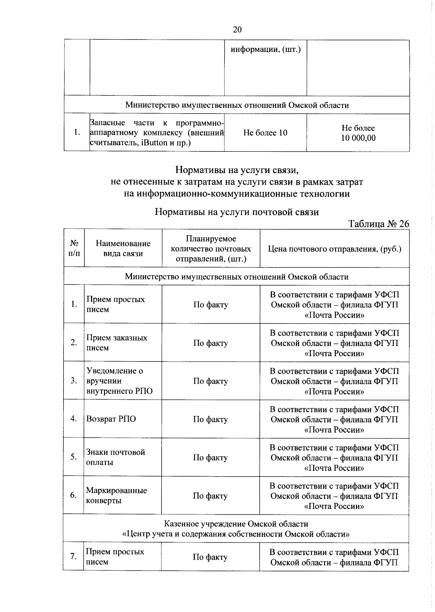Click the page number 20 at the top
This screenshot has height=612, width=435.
(x=237, y=30)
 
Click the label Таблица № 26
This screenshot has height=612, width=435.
(x=378, y=224)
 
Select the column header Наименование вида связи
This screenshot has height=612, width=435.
(x=123, y=249)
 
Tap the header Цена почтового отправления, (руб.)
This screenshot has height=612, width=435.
(x=334, y=249)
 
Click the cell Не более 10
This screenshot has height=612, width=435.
(x=265, y=133)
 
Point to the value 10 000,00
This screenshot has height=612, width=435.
(x=358, y=138)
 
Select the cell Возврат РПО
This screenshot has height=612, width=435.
(x=111, y=419)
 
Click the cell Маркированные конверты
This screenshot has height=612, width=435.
(x=116, y=495)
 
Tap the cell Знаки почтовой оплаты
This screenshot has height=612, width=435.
(x=115, y=457)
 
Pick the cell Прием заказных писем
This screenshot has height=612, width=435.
(x=116, y=343)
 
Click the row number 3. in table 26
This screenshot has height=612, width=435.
(x=74, y=381)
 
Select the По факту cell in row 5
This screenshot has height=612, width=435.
(x=210, y=457)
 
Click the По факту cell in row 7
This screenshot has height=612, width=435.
(x=210, y=557)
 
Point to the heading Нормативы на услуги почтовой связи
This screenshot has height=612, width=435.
(x=237, y=212)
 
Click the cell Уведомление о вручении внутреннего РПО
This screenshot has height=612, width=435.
(x=119, y=381)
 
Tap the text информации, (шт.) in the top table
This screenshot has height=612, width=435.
(x=266, y=49)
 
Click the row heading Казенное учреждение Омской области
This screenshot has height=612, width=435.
(x=236, y=524)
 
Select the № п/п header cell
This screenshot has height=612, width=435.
(x=74, y=249)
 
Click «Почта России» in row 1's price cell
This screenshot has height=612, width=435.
(x=334, y=315)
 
